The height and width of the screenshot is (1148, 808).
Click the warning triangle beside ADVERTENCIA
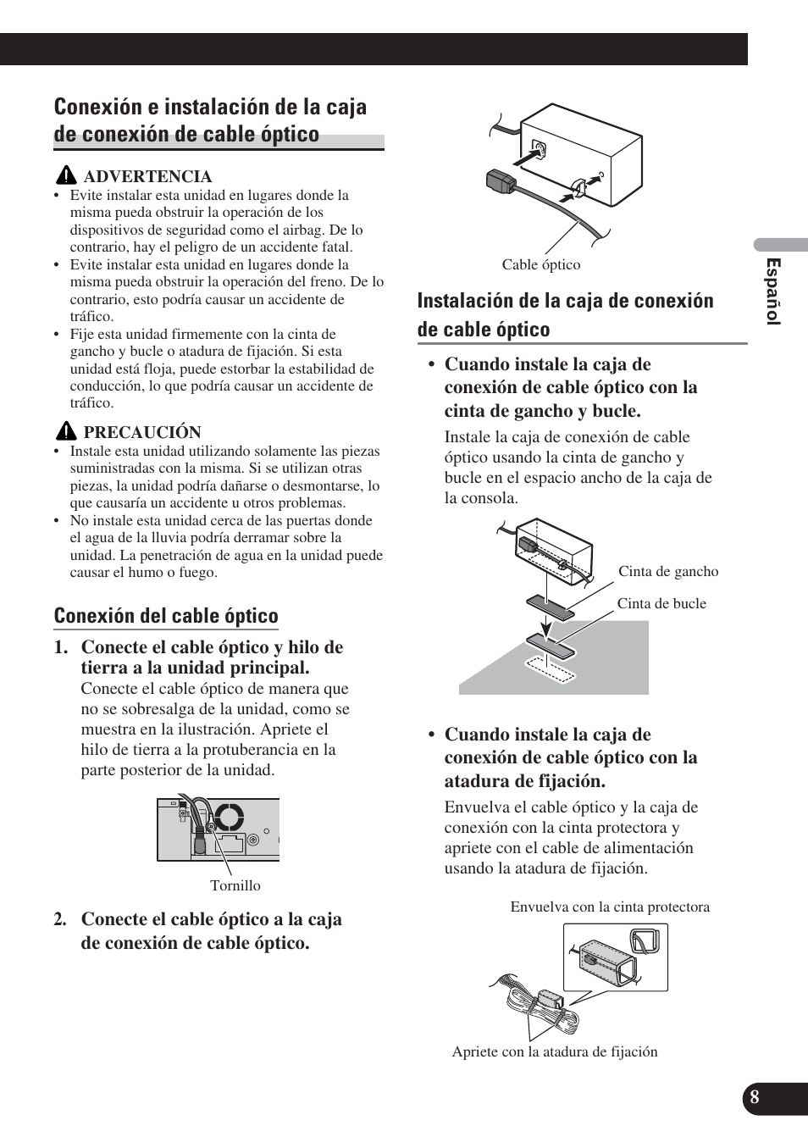click(x=68, y=176)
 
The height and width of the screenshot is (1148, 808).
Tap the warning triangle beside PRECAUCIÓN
click(x=68, y=432)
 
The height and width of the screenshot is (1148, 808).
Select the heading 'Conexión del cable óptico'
click(x=166, y=616)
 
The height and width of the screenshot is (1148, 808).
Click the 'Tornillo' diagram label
click(x=235, y=886)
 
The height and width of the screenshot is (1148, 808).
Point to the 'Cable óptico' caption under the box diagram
click(x=541, y=265)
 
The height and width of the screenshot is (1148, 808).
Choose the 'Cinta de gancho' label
click(x=668, y=572)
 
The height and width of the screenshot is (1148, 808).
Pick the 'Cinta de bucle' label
click(x=661, y=604)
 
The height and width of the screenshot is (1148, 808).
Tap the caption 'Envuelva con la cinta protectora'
click(x=610, y=907)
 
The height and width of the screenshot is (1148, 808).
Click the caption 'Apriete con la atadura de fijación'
click(x=555, y=1052)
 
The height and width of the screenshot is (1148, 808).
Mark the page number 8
click(x=754, y=1097)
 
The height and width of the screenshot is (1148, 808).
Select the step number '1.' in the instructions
click(x=61, y=647)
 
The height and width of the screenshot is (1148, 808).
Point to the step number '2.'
click(x=61, y=920)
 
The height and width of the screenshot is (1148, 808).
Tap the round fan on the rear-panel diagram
click(x=229, y=818)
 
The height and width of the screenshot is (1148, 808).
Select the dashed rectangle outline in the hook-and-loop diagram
click(x=548, y=666)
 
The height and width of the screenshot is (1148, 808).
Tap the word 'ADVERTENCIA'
click(x=147, y=176)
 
